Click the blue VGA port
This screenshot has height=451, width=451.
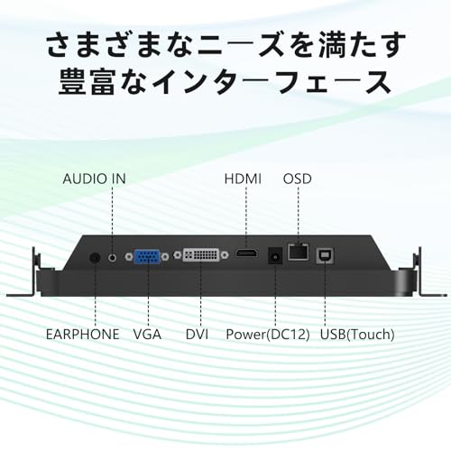pyautogui.click(x=147, y=257)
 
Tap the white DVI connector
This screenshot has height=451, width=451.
pyautogui.click(x=201, y=255)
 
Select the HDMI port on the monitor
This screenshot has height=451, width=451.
pyautogui.click(x=246, y=253)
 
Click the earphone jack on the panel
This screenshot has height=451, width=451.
pyautogui.click(x=95, y=258)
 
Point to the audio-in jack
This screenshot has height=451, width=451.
pyautogui.click(x=112, y=257)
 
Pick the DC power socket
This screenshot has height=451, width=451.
pyautogui.click(x=275, y=255)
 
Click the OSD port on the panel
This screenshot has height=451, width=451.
pyautogui.click(x=299, y=252)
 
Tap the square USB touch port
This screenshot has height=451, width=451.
pyautogui.click(x=325, y=256)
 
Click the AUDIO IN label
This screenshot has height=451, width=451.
pyautogui.click(x=94, y=179)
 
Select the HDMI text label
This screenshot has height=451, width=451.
pyautogui.click(x=243, y=179)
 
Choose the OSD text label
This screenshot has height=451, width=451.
pyautogui.click(x=298, y=179)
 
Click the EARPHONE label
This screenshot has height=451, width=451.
pyautogui.click(x=83, y=335)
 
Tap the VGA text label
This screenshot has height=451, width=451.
pyautogui.click(x=147, y=335)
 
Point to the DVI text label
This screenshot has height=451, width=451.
pyautogui.click(x=197, y=335)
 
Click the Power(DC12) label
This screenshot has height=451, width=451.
pyautogui.click(x=268, y=335)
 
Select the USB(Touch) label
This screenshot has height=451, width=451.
pyautogui.click(x=357, y=335)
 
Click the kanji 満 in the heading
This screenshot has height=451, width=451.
pyautogui.click(x=333, y=44)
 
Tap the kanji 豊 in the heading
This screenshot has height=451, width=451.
pyautogui.click(x=72, y=82)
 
